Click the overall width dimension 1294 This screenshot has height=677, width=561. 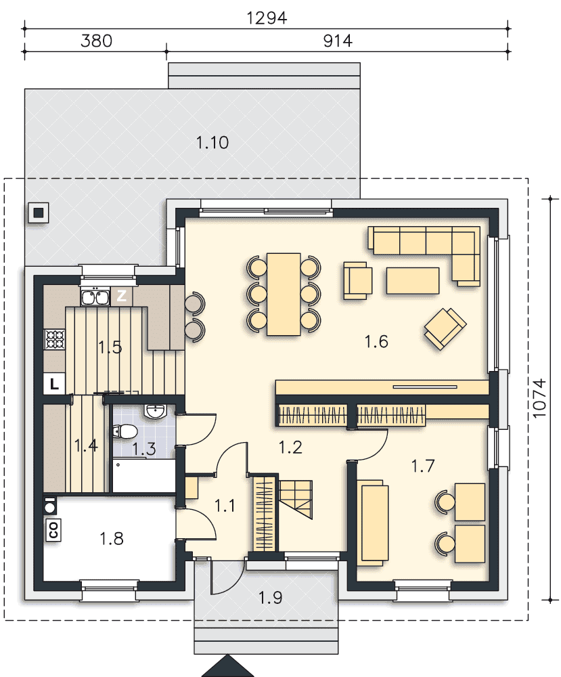[x=266, y=18]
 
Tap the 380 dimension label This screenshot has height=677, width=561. [x=96, y=41]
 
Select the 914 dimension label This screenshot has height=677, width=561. [x=338, y=41]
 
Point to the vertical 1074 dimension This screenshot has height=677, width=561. [x=539, y=398]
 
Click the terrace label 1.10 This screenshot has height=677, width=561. [x=212, y=142]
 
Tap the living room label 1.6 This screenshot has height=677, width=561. [x=376, y=341]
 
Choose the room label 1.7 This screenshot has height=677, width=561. [x=422, y=466]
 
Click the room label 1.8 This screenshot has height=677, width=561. [x=112, y=538]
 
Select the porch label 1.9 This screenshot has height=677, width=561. [x=270, y=598]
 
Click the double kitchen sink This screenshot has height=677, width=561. [x=95, y=297]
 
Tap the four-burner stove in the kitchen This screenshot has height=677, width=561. [x=55, y=339]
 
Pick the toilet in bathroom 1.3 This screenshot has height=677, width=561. [x=125, y=431]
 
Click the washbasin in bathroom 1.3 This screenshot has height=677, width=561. [x=156, y=411]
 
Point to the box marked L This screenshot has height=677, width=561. [x=54, y=384]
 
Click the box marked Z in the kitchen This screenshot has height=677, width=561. [x=122, y=296]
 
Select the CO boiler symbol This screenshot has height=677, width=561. [x=53, y=530]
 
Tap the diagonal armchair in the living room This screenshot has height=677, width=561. [x=445, y=328]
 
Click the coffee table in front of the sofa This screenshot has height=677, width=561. [x=413, y=281]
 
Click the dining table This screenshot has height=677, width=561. [x=284, y=294]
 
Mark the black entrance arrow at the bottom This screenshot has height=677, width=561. [x=227, y=666]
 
